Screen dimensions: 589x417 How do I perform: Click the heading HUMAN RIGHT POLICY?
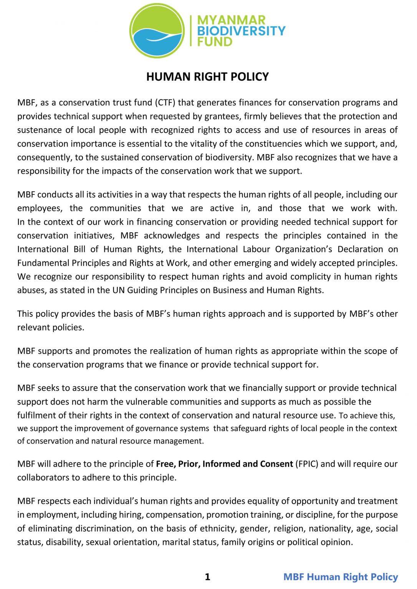[x=207, y=77]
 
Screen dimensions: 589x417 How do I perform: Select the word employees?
[x=37, y=208]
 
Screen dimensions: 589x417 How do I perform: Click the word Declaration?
[x=360, y=249]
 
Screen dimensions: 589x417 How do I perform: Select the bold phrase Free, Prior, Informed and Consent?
[x=224, y=464]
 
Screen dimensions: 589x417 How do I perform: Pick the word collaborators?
[x=40, y=478]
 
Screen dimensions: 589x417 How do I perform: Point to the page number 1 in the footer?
[x=207, y=577]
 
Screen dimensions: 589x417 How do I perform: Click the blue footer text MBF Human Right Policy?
[x=341, y=577]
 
